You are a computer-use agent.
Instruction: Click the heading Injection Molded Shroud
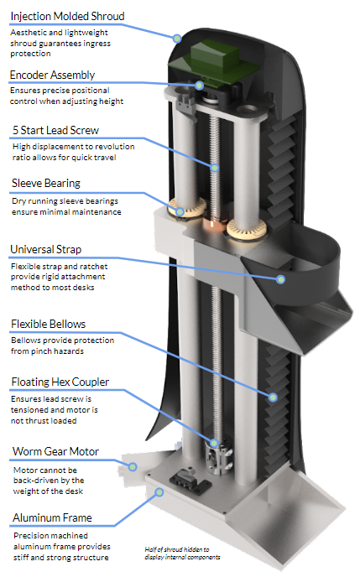click(67, 16)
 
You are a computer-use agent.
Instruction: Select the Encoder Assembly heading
click(52, 75)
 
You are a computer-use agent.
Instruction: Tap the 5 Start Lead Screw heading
click(56, 130)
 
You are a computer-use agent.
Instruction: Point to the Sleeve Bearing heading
click(46, 184)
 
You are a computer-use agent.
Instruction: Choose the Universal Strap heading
click(46, 249)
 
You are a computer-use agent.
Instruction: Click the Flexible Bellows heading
click(48, 325)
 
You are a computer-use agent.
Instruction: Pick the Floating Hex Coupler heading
click(60, 382)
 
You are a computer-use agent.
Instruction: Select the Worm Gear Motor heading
click(55, 451)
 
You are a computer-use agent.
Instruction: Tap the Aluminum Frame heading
click(52, 517)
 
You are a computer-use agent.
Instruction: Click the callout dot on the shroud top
click(177, 38)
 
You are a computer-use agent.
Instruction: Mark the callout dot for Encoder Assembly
click(199, 86)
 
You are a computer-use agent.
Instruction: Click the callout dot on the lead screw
click(215, 168)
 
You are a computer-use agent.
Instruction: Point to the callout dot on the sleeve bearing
click(180, 211)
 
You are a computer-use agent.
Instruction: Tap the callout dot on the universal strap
click(280, 279)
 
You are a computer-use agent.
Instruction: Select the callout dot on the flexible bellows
click(273, 397)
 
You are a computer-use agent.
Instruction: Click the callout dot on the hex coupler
click(215, 443)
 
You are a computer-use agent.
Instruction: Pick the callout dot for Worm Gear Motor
click(133, 466)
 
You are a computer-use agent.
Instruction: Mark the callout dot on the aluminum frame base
click(159, 492)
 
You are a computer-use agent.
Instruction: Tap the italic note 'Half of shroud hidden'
click(182, 553)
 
